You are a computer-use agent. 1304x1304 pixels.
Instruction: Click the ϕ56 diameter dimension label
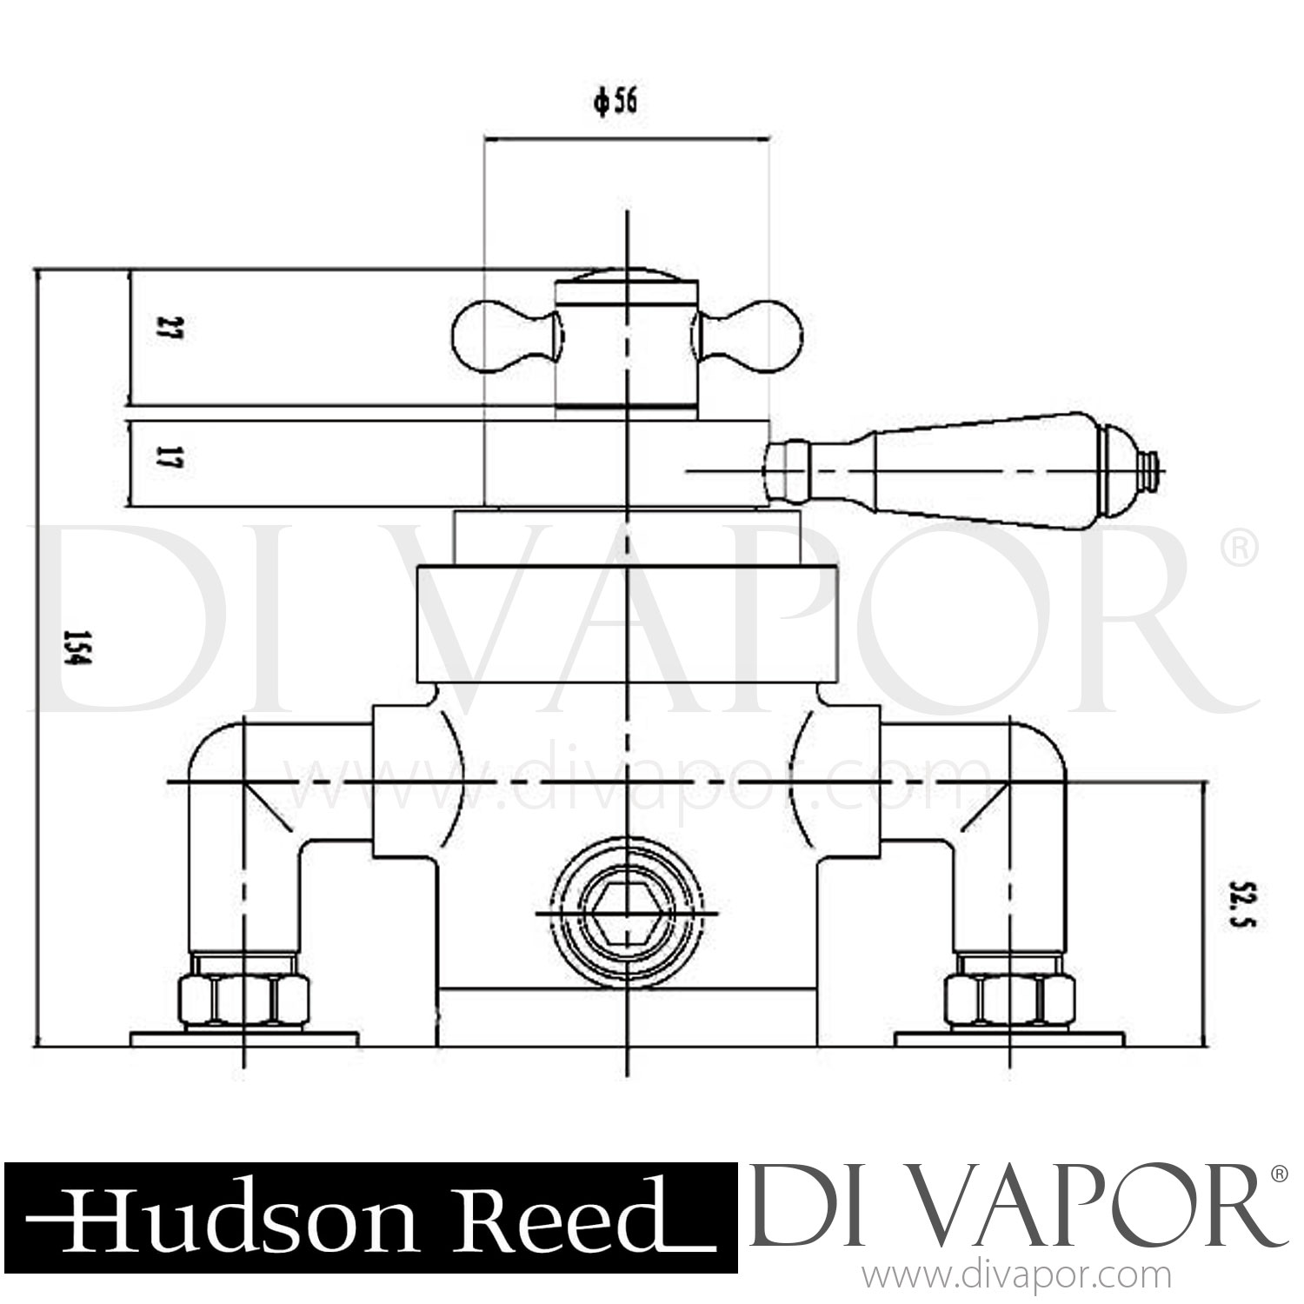click(615, 103)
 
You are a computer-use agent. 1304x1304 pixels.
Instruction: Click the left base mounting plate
click(244, 1039)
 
